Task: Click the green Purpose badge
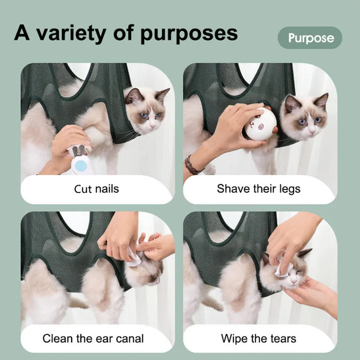(310, 38)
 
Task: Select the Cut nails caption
(96, 188)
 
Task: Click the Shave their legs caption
(258, 188)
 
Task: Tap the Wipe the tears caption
(258, 338)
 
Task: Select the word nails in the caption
(107, 188)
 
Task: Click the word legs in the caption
(288, 188)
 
